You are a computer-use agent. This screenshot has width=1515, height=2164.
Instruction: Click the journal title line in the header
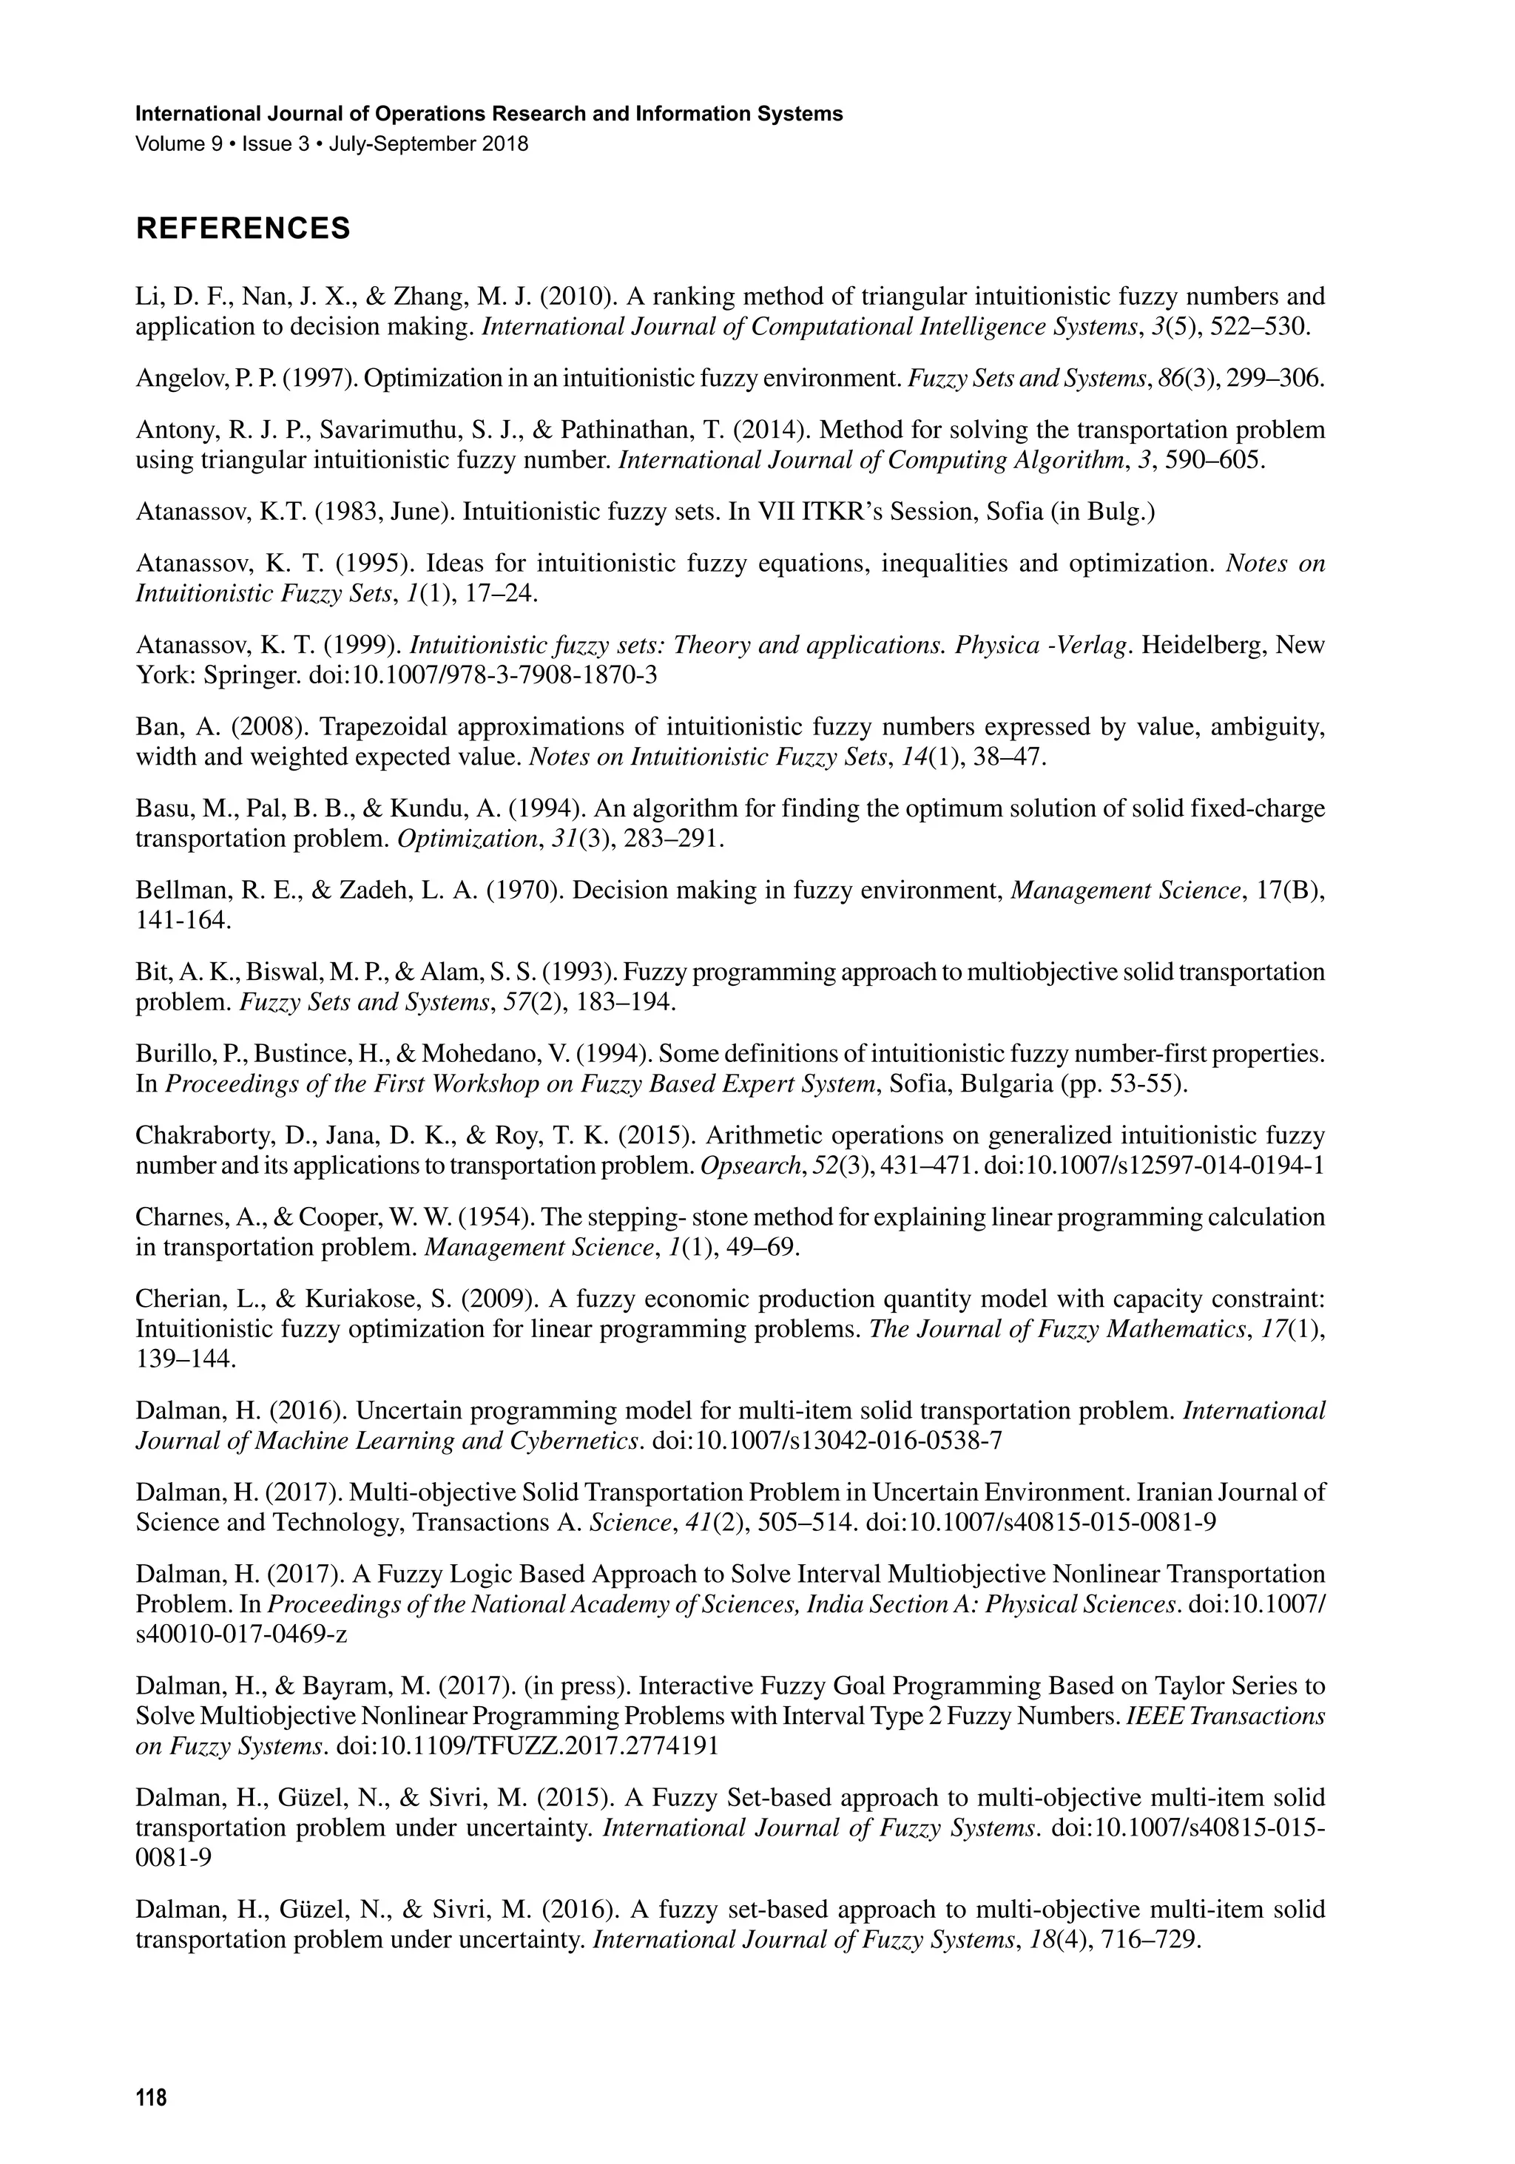point(489,114)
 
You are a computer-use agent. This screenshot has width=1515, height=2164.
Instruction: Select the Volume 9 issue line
point(332,144)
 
